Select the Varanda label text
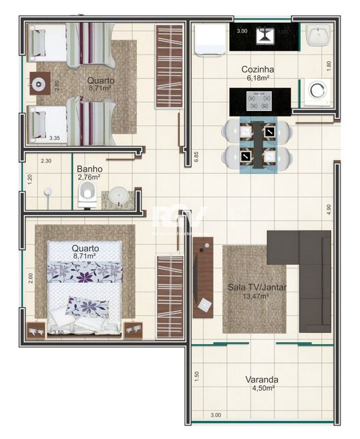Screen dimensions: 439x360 261,379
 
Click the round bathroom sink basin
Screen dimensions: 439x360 119,196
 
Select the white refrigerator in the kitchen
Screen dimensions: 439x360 210,38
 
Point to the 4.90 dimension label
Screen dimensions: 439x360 329,208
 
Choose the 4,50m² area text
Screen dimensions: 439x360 261,388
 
